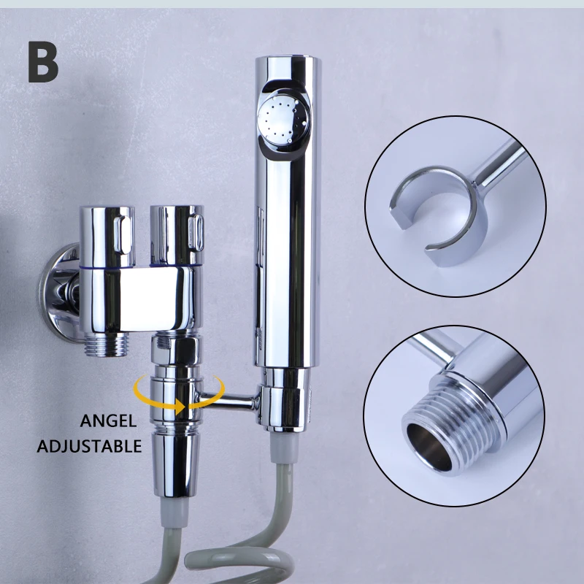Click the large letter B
coord(43,61)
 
